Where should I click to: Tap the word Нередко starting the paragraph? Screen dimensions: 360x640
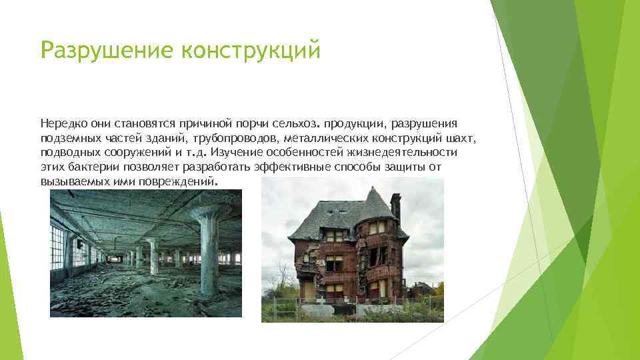pyautogui.click(x=62, y=124)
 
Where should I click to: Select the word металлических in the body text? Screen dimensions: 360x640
pyautogui.click(x=323, y=138)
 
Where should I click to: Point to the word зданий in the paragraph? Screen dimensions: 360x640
pyautogui.click(x=173, y=138)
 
